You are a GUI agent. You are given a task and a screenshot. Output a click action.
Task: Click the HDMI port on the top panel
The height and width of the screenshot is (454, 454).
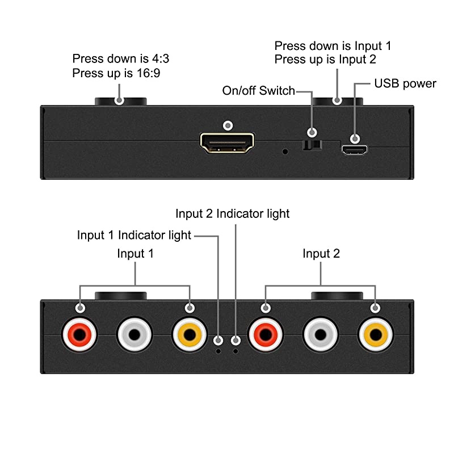227,144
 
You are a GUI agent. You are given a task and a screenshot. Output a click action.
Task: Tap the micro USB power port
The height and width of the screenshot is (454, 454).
355,150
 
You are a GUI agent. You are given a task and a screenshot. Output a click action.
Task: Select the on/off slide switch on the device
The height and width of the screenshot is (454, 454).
311,146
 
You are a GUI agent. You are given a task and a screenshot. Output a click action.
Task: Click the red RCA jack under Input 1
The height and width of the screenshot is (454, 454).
79,335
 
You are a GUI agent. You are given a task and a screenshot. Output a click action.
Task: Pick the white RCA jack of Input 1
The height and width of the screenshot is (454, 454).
134,335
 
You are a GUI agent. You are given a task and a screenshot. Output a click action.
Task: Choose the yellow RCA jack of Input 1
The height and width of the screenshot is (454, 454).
190,335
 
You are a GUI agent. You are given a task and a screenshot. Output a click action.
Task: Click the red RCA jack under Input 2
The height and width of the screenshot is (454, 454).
265,335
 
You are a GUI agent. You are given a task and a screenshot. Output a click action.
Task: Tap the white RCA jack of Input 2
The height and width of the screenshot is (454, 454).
321,335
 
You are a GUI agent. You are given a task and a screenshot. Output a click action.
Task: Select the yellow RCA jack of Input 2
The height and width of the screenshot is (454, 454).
375,335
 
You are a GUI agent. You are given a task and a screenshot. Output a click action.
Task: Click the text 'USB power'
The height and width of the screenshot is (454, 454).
405,84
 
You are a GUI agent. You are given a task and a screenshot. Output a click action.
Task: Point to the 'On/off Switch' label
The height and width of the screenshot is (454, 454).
258,91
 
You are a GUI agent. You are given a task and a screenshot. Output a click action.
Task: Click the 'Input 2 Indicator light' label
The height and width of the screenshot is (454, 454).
232,213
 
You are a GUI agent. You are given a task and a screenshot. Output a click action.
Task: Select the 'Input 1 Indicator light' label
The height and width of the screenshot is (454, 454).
134,235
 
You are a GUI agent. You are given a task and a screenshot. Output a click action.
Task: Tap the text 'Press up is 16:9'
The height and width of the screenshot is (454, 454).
113,73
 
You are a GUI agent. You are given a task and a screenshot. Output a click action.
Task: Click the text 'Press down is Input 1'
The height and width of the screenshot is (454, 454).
333,46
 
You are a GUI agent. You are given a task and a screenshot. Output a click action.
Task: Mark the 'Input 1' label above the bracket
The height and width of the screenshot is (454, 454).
135,254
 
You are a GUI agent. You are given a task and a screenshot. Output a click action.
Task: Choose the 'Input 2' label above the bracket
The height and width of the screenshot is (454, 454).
321,254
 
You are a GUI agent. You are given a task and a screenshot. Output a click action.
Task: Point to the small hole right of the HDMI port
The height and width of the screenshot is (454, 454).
285,152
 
